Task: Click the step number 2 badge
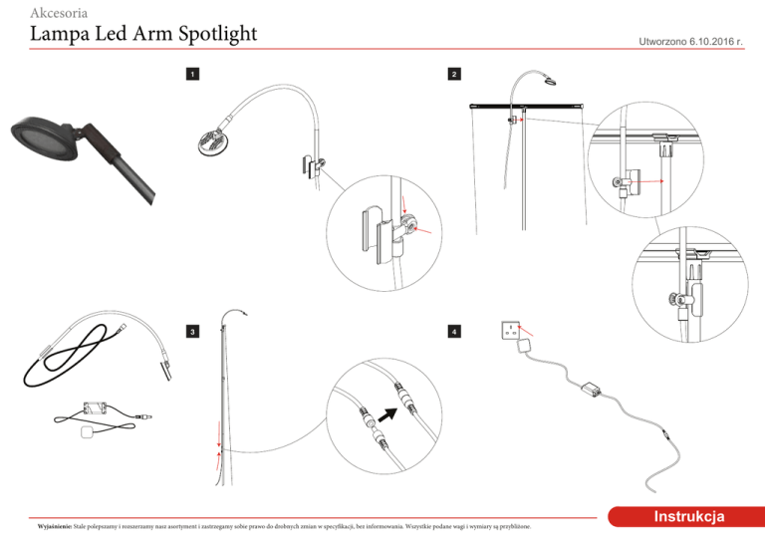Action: (x=454, y=75)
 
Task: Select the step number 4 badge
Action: (x=454, y=331)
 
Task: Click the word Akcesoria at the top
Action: (x=64, y=13)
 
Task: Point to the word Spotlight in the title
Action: (x=210, y=36)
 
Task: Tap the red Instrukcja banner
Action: (x=687, y=516)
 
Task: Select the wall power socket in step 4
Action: (x=511, y=330)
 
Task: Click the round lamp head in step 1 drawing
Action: (x=212, y=140)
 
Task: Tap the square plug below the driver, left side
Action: (x=88, y=431)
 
